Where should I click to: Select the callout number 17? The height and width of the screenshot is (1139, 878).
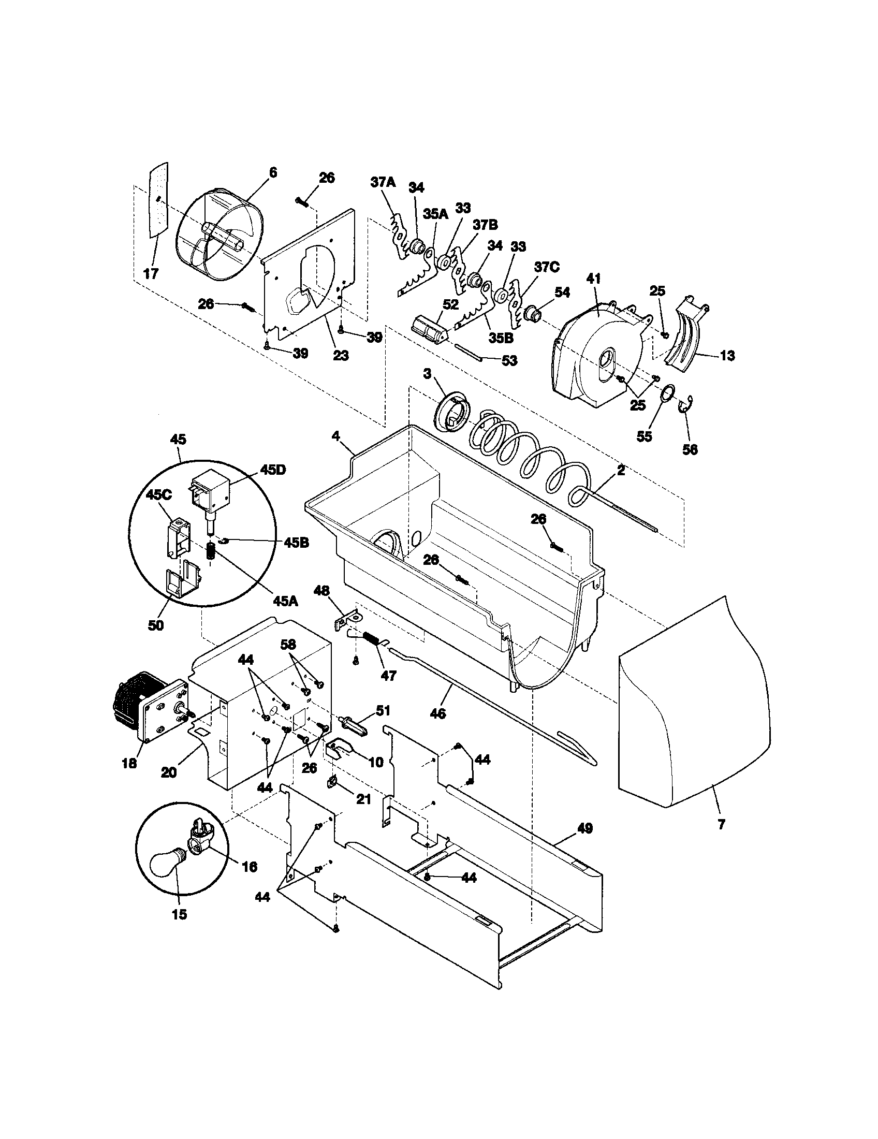point(151,274)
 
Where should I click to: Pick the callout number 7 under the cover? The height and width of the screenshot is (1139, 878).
point(722,825)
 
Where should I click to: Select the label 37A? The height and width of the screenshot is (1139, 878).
point(383,183)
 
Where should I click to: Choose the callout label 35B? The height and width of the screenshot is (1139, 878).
point(501,338)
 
